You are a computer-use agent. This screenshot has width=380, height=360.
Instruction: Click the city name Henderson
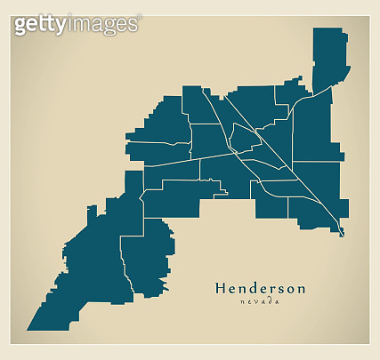point(260,288)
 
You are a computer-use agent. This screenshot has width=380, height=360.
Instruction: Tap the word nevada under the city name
point(260,302)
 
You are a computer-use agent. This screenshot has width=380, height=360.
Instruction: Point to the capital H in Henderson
point(221,288)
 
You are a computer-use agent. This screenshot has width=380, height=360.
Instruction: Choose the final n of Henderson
point(301,289)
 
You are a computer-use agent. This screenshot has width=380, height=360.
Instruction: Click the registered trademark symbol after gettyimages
point(138,17)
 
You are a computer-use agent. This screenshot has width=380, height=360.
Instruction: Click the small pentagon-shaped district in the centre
point(244,136)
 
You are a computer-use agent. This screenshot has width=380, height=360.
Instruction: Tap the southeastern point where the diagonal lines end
point(343,235)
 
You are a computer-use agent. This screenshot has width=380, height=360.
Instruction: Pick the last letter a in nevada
point(278,302)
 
